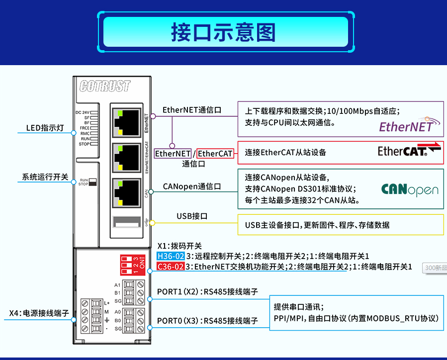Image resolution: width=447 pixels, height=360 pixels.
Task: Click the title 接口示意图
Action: click(223, 33)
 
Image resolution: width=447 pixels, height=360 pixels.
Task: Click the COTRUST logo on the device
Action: click(105, 86)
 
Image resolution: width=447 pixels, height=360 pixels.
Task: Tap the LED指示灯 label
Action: click(45, 128)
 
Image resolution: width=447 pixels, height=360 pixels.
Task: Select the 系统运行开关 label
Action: click(45, 177)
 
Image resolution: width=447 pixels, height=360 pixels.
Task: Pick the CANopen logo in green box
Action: click(410, 189)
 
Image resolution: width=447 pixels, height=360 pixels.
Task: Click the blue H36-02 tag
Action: click(171, 256)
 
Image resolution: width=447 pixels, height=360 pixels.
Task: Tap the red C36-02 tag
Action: click(171, 267)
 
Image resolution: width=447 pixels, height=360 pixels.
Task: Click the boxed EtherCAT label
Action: click(215, 154)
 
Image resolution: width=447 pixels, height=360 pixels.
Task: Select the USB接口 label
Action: click(192, 216)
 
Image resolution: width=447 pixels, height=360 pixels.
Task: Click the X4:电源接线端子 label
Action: click(39, 313)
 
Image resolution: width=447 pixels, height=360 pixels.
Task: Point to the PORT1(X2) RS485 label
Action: click(207, 292)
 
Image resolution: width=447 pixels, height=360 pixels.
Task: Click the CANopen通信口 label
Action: click(192, 187)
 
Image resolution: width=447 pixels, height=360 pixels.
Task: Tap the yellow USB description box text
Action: click(317, 225)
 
